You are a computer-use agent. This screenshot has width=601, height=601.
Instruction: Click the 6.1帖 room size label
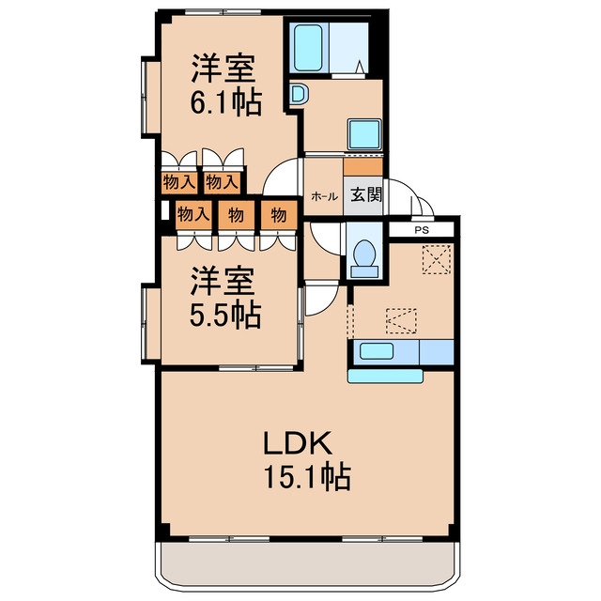(x=226, y=102)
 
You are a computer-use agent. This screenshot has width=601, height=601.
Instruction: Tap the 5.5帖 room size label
(x=225, y=315)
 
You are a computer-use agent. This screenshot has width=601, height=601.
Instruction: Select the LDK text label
(x=297, y=442)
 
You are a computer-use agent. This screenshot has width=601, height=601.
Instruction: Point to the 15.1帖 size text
(x=307, y=476)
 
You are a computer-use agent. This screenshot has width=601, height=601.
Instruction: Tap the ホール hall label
(x=324, y=197)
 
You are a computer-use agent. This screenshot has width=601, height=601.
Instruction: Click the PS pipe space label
(x=422, y=231)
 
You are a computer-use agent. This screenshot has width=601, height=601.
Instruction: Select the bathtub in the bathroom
(x=308, y=48)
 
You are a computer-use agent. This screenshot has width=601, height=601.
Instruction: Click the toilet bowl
(x=364, y=254)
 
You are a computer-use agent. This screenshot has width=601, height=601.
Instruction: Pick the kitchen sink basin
(x=377, y=351)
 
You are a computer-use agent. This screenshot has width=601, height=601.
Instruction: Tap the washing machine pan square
(x=364, y=134)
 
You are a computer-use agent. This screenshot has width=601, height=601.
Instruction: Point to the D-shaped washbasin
(x=299, y=94)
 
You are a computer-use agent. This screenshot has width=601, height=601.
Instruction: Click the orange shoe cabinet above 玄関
(x=363, y=167)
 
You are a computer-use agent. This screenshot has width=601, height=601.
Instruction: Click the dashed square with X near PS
(x=437, y=260)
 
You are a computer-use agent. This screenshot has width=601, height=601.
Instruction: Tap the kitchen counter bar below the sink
(x=385, y=376)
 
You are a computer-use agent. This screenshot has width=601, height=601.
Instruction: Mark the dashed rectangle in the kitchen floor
(x=401, y=321)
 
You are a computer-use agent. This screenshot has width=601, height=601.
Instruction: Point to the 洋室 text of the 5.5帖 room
(x=223, y=281)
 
